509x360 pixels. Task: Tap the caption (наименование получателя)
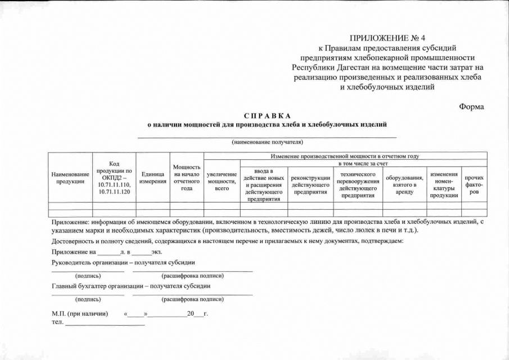click(267, 142)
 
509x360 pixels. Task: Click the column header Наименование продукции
click(70, 178)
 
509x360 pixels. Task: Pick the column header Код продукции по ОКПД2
click(114, 178)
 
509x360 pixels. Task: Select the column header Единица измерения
click(152, 178)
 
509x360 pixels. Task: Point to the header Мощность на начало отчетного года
click(187, 178)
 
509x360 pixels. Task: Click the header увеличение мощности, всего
click(222, 182)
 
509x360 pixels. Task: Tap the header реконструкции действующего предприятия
click(311, 184)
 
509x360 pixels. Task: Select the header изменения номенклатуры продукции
click(444, 184)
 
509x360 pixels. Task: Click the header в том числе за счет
click(363, 163)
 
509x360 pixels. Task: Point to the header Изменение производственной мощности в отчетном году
click(345, 156)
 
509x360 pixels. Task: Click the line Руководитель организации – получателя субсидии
click(123, 263)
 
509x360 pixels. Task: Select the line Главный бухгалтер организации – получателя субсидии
click(130, 286)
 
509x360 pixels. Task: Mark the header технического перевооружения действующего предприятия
click(358, 184)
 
